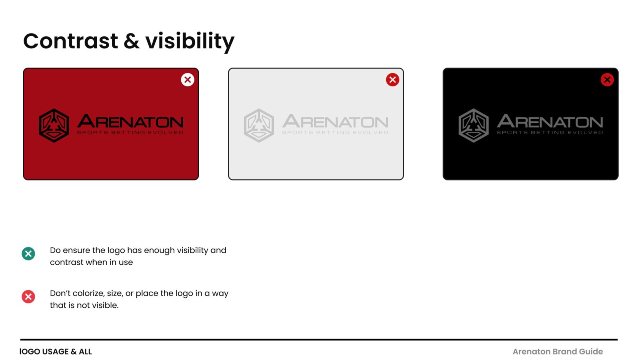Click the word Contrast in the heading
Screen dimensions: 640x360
coord(70,41)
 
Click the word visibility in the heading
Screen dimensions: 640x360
coord(190,42)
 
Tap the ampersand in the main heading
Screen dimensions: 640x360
coord(132,41)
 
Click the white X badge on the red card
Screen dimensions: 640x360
coord(188,80)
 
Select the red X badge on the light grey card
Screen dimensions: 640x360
coord(392,80)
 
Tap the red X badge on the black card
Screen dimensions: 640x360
coord(607,80)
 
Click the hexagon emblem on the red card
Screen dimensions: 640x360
coord(54,126)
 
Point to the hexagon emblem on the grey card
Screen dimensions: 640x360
coord(259,126)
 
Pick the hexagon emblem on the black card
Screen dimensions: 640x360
coord(474,126)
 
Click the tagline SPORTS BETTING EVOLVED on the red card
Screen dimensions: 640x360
coord(130,132)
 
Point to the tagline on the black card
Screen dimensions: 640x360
coord(550,132)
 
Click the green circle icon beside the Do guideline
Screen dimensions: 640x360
coord(28,254)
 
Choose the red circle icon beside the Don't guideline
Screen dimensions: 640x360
coord(28,296)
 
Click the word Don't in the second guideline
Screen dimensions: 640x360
coord(60,294)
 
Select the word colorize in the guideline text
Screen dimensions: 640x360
coord(88,294)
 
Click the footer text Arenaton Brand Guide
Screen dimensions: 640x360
coord(558,352)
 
